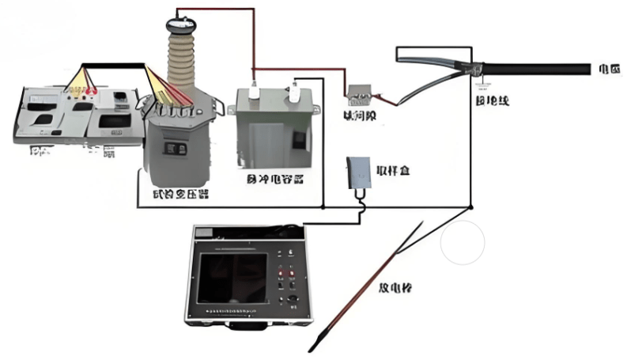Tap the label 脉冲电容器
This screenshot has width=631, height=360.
pyautogui.click(x=273, y=180)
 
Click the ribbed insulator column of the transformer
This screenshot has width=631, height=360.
pyautogui.click(x=185, y=55)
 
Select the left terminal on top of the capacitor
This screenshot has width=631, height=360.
pyautogui.click(x=254, y=88)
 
